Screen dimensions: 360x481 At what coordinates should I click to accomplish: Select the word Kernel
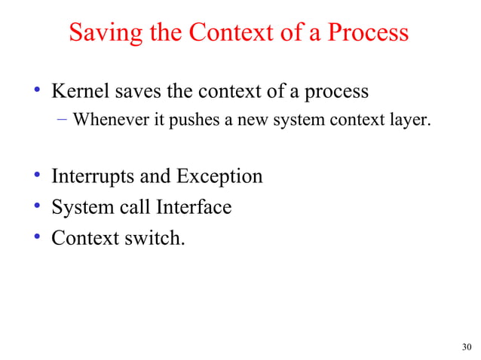tap(79, 92)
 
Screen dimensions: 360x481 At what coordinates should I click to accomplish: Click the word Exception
tap(219, 177)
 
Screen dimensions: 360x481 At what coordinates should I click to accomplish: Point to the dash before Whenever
tap(63, 119)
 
